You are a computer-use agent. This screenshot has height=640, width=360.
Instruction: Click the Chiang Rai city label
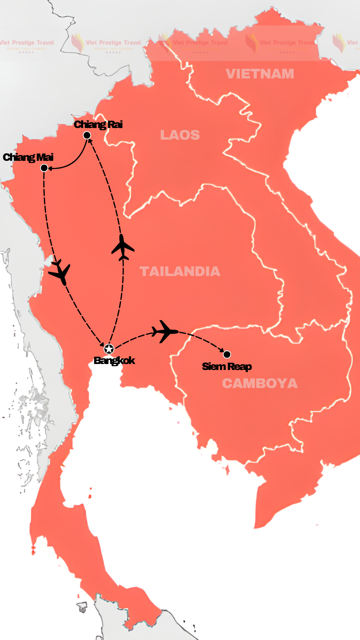98,124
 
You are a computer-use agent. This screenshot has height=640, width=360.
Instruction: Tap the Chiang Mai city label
28,157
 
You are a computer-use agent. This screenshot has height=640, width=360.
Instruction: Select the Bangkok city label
114,360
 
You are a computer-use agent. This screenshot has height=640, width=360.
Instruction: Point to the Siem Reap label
227,366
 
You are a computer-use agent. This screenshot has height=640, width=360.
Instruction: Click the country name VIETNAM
260,74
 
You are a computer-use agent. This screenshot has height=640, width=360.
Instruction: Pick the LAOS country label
180,135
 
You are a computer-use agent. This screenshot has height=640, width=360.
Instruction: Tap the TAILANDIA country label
180,271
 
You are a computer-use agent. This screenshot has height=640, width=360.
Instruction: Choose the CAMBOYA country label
260,383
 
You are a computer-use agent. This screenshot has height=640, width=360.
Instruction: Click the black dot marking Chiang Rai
87,135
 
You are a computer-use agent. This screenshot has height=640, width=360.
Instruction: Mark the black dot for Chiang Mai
44,168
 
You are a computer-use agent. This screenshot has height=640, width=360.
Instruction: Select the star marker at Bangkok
109,349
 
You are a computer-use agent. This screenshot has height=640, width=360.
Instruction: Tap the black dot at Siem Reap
227,354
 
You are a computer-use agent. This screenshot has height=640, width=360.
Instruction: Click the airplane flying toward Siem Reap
164,331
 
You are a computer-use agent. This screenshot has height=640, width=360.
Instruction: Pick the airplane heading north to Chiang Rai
122,247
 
